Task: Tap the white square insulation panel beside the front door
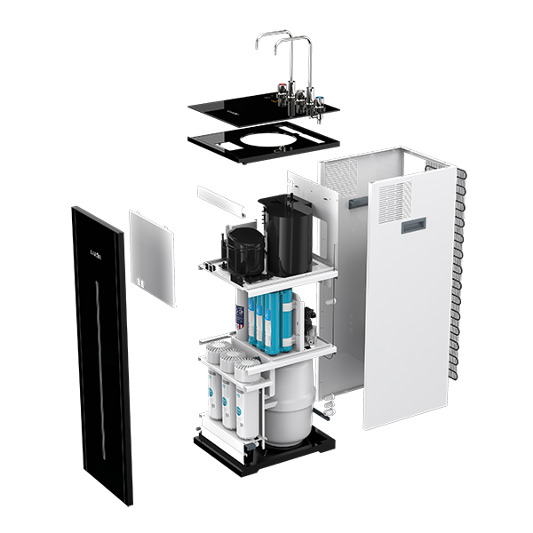click(152, 257)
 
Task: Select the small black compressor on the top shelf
click(242, 251)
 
